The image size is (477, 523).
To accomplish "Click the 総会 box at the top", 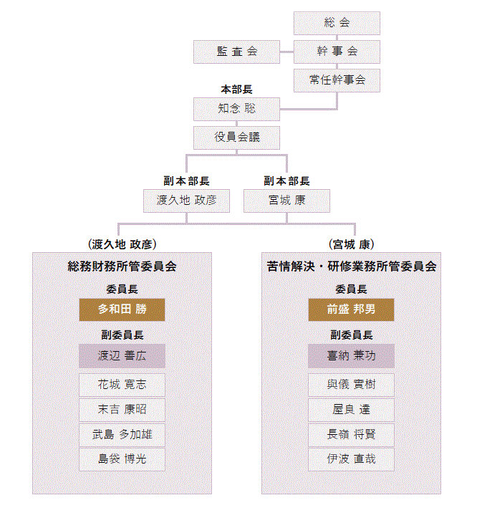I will (337, 23).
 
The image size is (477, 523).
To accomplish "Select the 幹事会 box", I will (337, 52).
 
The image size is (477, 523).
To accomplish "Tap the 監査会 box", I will (236, 52).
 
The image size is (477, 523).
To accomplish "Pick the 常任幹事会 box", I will (337, 80).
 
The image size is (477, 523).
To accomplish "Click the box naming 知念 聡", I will (236, 109).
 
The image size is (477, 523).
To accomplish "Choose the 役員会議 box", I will (236, 138).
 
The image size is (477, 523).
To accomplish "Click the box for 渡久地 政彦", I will (186, 201).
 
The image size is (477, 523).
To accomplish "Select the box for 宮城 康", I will (286, 201).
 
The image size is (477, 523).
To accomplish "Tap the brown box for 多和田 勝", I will (122, 310).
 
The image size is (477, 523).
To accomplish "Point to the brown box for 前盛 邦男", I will (351, 310).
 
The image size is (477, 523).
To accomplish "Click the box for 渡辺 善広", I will (122, 355).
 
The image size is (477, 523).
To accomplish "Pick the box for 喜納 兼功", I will (351, 355).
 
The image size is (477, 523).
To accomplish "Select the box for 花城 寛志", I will (122, 385).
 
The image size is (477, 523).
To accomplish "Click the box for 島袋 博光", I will (122, 459).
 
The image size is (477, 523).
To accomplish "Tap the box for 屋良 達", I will (351, 410).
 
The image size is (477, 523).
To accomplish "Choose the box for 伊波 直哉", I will (351, 459).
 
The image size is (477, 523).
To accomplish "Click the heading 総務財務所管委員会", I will (122, 267).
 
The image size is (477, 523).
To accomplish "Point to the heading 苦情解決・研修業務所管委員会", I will (351, 267).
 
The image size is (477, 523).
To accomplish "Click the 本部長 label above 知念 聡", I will (236, 90).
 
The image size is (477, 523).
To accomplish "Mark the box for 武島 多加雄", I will (122, 434).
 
